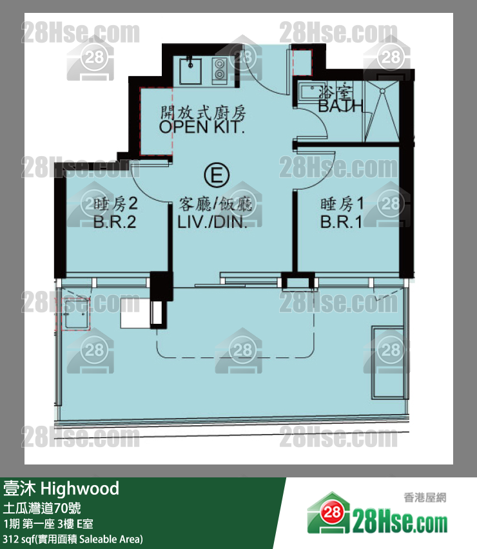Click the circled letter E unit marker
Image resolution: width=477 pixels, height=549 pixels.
coord(217,175)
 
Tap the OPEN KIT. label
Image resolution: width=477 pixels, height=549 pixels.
coord(202,127)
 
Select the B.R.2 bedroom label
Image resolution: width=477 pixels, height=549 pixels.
coord(115,222)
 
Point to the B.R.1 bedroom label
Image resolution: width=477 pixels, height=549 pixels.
coord(341,222)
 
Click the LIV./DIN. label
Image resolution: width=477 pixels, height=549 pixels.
coord(213,222)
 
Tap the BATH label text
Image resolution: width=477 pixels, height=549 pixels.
coord(340,106)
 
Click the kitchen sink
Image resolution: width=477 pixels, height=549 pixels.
coord(190,71)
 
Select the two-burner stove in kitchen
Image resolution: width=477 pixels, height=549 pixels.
coord(219,69)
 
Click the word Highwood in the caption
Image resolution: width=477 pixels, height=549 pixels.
coord(80,489)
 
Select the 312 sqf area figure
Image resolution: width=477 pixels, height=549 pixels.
coord(17,539)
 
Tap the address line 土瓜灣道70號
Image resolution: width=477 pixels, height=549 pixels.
coord(42,508)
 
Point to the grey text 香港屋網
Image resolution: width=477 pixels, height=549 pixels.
coord(425,497)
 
